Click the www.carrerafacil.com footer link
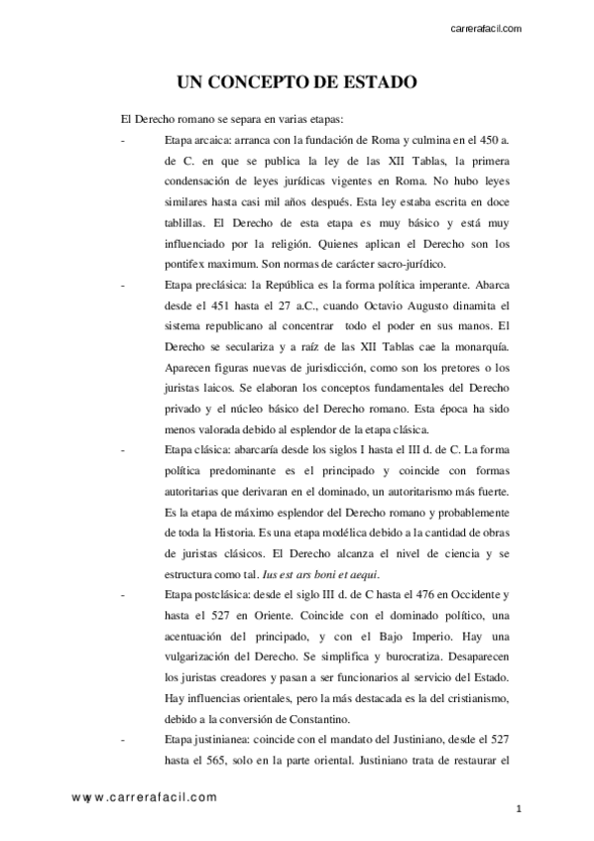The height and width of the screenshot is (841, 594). pos(144,796)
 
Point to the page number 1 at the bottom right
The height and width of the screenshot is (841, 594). pos(519,810)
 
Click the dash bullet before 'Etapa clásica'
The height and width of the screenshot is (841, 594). pos(121,449)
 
